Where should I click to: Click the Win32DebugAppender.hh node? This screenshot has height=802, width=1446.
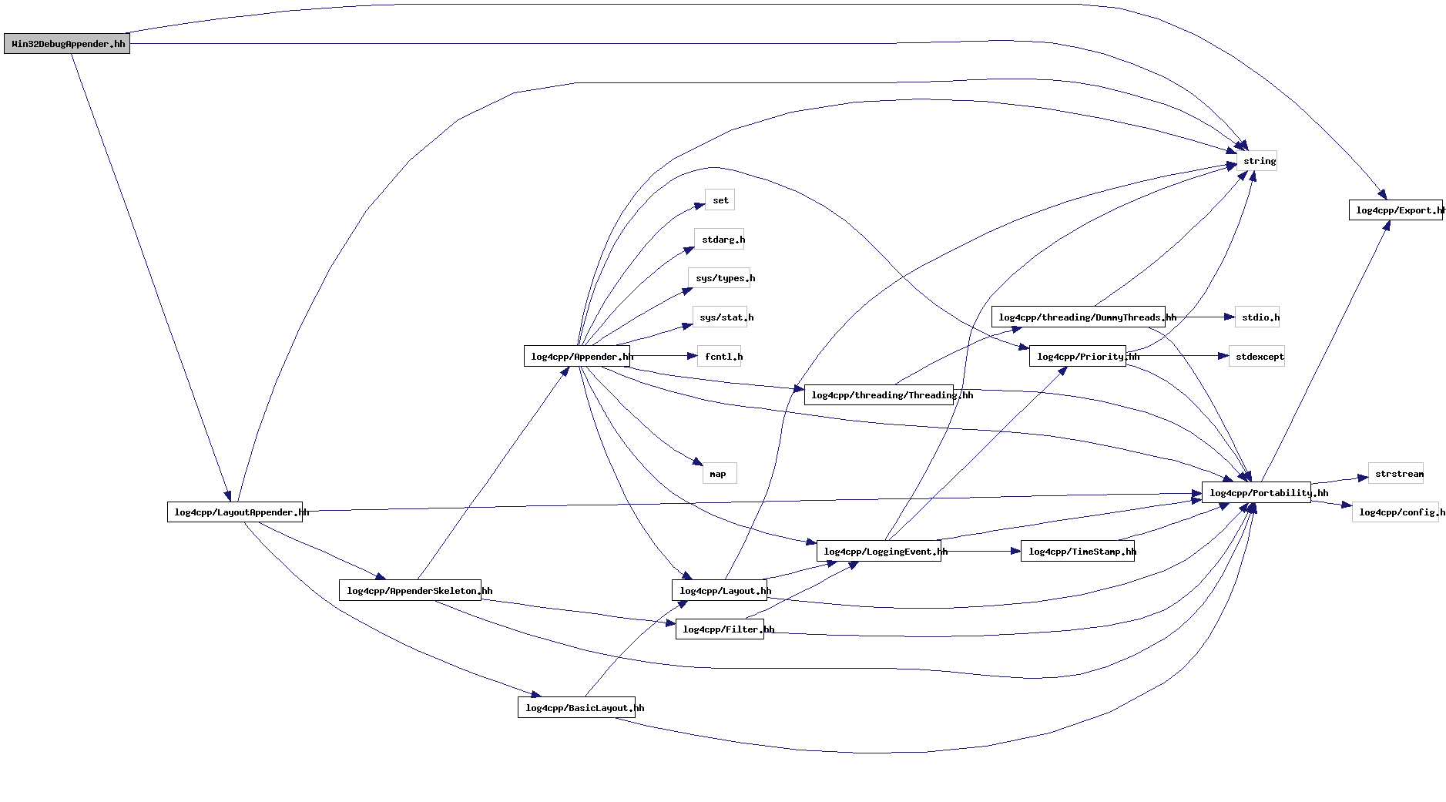click(x=67, y=44)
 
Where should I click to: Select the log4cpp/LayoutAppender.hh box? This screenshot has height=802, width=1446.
click(x=235, y=512)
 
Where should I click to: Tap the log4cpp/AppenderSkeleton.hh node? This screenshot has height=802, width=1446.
click(x=410, y=591)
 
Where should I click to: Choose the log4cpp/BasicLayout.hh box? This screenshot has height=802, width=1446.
click(x=576, y=708)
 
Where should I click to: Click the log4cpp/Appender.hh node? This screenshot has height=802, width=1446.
click(x=577, y=357)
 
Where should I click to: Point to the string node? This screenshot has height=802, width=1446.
click(x=1257, y=161)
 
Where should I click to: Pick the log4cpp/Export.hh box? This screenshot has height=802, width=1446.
click(x=1395, y=210)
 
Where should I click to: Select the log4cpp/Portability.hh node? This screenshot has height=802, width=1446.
click(x=1256, y=493)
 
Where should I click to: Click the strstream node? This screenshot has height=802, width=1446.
click(x=1395, y=474)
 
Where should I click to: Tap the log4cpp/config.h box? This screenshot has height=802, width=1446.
click(x=1395, y=512)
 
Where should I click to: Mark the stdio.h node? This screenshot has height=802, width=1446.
click(x=1257, y=317)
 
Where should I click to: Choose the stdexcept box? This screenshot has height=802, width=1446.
click(x=1256, y=357)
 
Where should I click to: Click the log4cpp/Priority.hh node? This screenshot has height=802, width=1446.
click(x=1078, y=357)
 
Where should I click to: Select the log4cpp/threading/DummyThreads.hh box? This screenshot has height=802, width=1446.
click(x=1078, y=317)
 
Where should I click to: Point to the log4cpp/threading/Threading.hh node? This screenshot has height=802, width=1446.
click(x=879, y=395)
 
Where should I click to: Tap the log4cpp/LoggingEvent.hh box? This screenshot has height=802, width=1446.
click(x=879, y=552)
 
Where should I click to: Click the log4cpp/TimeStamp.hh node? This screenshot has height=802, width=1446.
click(x=1078, y=552)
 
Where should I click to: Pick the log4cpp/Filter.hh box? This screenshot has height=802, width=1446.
click(x=720, y=629)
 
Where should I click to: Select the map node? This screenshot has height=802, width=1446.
click(x=720, y=474)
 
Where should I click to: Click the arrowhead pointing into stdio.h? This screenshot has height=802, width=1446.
click(x=1230, y=317)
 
